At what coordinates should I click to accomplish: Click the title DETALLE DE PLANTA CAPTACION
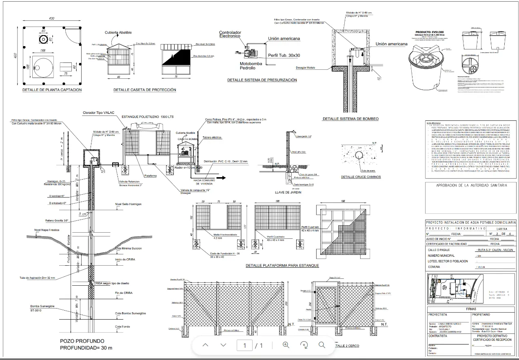coord(52,90)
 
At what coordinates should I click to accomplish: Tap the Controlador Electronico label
coord(230,34)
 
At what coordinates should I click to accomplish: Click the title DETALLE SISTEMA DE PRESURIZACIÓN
coord(262,80)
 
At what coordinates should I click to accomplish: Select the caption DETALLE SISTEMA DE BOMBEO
coord(350,119)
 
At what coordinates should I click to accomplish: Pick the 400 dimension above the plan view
coord(52,19)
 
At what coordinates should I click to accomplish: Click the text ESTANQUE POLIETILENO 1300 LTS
coord(148,117)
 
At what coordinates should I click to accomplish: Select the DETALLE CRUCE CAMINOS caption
coord(361,177)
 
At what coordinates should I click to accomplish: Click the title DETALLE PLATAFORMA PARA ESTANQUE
coord(282,266)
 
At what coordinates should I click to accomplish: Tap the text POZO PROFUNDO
coord(82,341)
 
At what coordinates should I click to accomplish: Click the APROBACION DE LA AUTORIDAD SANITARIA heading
coord(472,185)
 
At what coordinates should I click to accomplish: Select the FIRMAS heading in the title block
coord(470,309)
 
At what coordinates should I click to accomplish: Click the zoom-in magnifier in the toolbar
coord(286,345)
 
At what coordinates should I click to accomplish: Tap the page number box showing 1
coord(245,346)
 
